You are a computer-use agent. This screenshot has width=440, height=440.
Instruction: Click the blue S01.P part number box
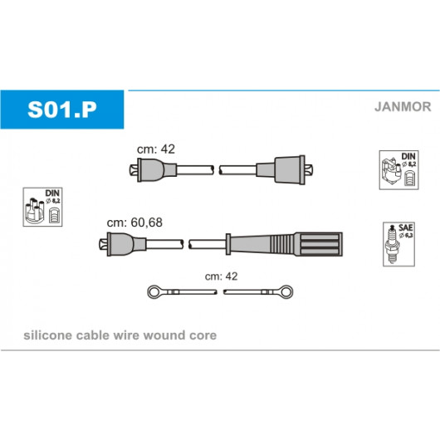[62, 110]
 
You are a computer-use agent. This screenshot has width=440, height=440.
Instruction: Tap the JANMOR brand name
[403, 106]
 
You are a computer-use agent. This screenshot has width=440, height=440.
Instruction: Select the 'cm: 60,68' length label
[134, 222]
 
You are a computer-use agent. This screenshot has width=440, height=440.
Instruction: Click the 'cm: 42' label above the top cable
[156, 149]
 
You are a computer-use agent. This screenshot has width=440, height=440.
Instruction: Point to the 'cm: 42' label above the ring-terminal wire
[221, 276]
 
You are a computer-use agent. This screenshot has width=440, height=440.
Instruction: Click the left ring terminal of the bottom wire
[154, 292]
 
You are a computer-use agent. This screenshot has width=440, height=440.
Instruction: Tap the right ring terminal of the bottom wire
[286, 292]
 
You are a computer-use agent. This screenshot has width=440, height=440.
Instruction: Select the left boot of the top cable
[153, 170]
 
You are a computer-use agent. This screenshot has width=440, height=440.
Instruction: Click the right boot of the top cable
[285, 170]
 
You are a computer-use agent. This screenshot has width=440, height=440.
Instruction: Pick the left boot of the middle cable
[123, 244]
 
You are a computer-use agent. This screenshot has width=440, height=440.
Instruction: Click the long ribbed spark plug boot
[284, 244]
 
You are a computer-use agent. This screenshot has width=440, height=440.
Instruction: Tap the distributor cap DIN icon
[42, 207]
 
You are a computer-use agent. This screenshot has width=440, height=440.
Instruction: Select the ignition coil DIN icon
[398, 170]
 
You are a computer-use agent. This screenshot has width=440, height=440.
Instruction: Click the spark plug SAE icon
[398, 244]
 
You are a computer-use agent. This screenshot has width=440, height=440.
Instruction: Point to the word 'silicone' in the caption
[47, 335]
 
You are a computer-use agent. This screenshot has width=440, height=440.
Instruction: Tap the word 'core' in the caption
[203, 335]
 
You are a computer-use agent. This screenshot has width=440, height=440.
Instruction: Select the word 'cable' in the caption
[92, 335]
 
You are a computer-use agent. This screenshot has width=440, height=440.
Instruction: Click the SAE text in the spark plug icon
[405, 227]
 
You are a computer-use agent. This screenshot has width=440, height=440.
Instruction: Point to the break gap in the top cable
[217, 170]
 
